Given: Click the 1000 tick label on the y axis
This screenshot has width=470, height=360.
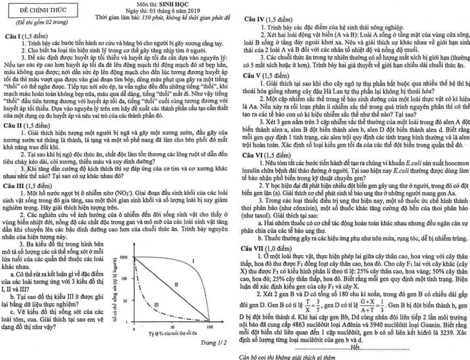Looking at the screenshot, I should pyautogui.click(x=124, y=258).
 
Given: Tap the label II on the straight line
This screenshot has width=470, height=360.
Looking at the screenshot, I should pyautogui.click(x=176, y=284).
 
